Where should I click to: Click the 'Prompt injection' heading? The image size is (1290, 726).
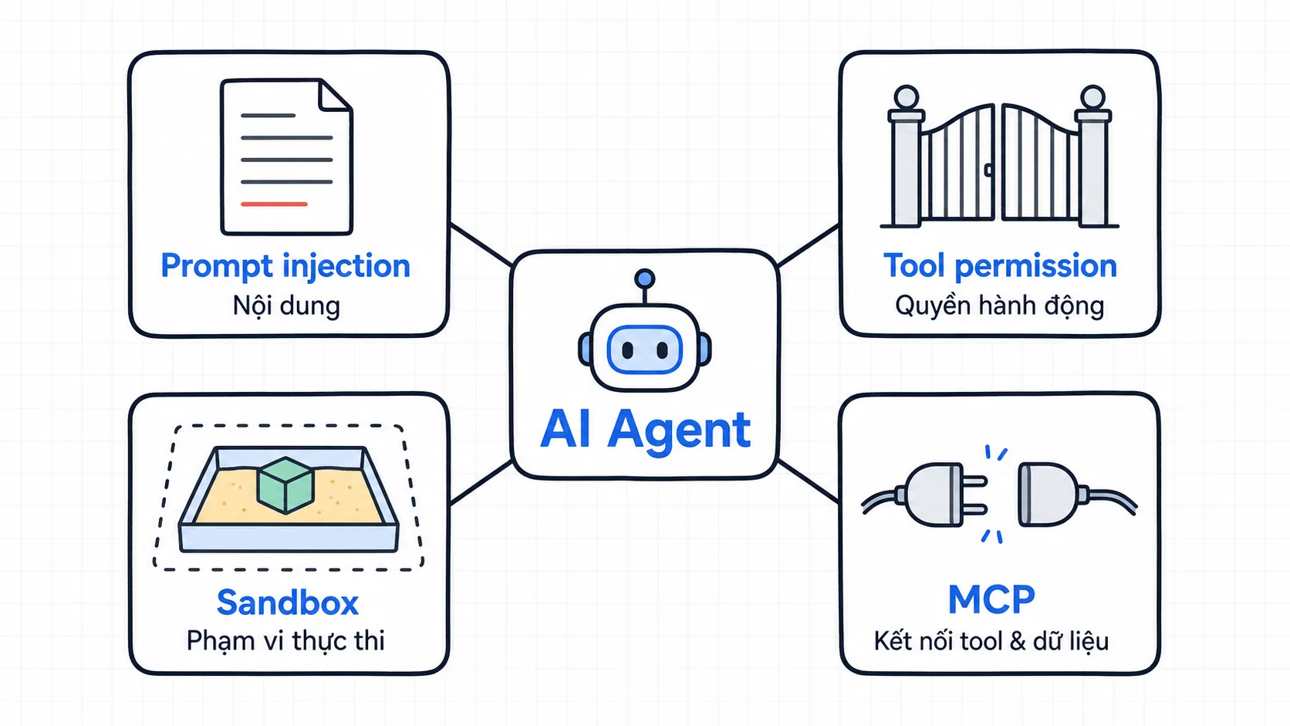tap(285, 267)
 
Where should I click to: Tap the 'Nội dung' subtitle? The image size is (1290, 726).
tap(286, 306)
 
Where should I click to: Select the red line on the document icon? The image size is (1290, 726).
tap(274, 204)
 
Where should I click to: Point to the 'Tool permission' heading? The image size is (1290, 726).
tap(1001, 267)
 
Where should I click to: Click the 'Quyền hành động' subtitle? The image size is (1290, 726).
tap(1000, 306)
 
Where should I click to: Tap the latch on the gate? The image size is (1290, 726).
tap(988, 170)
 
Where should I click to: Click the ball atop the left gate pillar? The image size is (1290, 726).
tap(907, 97)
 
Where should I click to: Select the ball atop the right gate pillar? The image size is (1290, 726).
tap(1092, 97)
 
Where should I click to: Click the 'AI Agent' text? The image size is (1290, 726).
tap(646, 429)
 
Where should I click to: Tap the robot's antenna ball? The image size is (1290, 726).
tap(644, 279)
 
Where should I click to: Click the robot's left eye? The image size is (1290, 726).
tap(628, 349)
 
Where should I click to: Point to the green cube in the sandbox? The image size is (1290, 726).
tap(285, 485)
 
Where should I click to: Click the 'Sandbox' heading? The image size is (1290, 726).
tap(287, 603)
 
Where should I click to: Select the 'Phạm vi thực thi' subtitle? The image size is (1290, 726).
tap(285, 641)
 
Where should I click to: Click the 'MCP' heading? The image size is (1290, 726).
tap(991, 600)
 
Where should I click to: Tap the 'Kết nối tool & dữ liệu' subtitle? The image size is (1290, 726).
tap(991, 641)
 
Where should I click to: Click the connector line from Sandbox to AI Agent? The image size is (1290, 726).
tap(481, 482)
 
